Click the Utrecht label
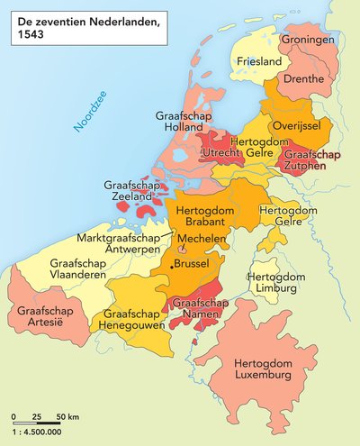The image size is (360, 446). pyautogui.click(x=222, y=154)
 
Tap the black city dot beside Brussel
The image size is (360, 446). pyautogui.click(x=173, y=269)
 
